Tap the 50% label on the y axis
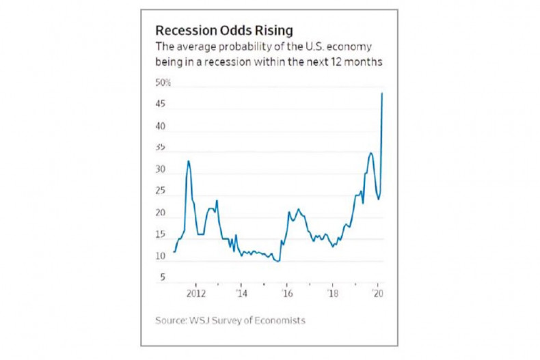(x=163, y=83)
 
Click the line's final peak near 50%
(x=381, y=94)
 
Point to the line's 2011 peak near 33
(x=189, y=161)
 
